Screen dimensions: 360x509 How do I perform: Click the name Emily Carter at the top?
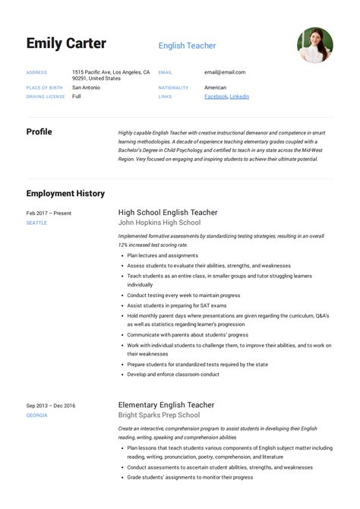tap(66, 43)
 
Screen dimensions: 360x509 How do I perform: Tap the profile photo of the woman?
tap(314, 46)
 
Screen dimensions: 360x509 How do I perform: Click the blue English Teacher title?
tap(187, 46)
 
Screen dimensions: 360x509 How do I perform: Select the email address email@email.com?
tap(224, 72)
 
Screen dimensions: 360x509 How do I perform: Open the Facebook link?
tap(216, 96)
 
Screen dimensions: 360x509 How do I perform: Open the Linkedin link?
tap(239, 96)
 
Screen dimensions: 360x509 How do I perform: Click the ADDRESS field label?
tap(36, 72)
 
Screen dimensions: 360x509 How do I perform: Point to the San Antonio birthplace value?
tap(86, 87)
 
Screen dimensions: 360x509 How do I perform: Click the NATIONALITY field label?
tap(173, 87)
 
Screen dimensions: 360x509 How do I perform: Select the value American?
tap(215, 87)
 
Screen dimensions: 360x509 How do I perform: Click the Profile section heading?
tap(39, 131)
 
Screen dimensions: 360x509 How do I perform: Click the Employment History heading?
tap(65, 194)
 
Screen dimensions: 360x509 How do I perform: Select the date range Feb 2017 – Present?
tap(49, 213)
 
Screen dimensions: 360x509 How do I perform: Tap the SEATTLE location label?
tap(36, 223)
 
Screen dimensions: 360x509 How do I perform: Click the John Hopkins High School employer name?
tap(159, 223)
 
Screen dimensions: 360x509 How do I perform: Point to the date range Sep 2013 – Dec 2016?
tap(51, 406)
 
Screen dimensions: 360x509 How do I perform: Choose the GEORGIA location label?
tap(36, 416)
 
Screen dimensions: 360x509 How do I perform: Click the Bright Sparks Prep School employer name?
tap(159, 416)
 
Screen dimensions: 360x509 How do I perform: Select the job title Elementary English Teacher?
tap(166, 405)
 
